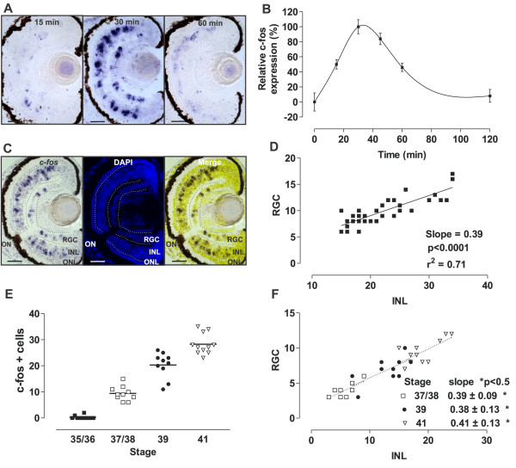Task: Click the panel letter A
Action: pyautogui.click(x=7, y=8)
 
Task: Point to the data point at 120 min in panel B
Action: pyautogui.click(x=489, y=96)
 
